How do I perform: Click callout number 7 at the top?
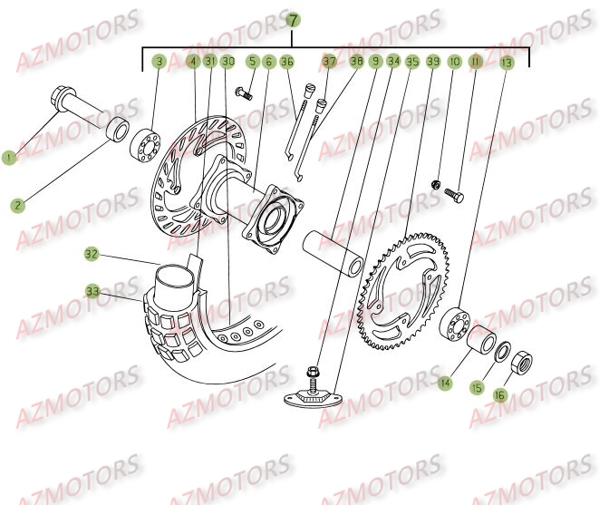click(x=292, y=19)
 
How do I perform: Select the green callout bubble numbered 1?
click(x=10, y=158)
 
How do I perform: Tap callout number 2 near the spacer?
click(x=19, y=205)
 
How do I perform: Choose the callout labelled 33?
click(x=92, y=291)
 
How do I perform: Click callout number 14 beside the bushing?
click(x=445, y=384)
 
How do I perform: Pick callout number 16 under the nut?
click(x=498, y=396)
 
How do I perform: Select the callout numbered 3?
click(x=159, y=62)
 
